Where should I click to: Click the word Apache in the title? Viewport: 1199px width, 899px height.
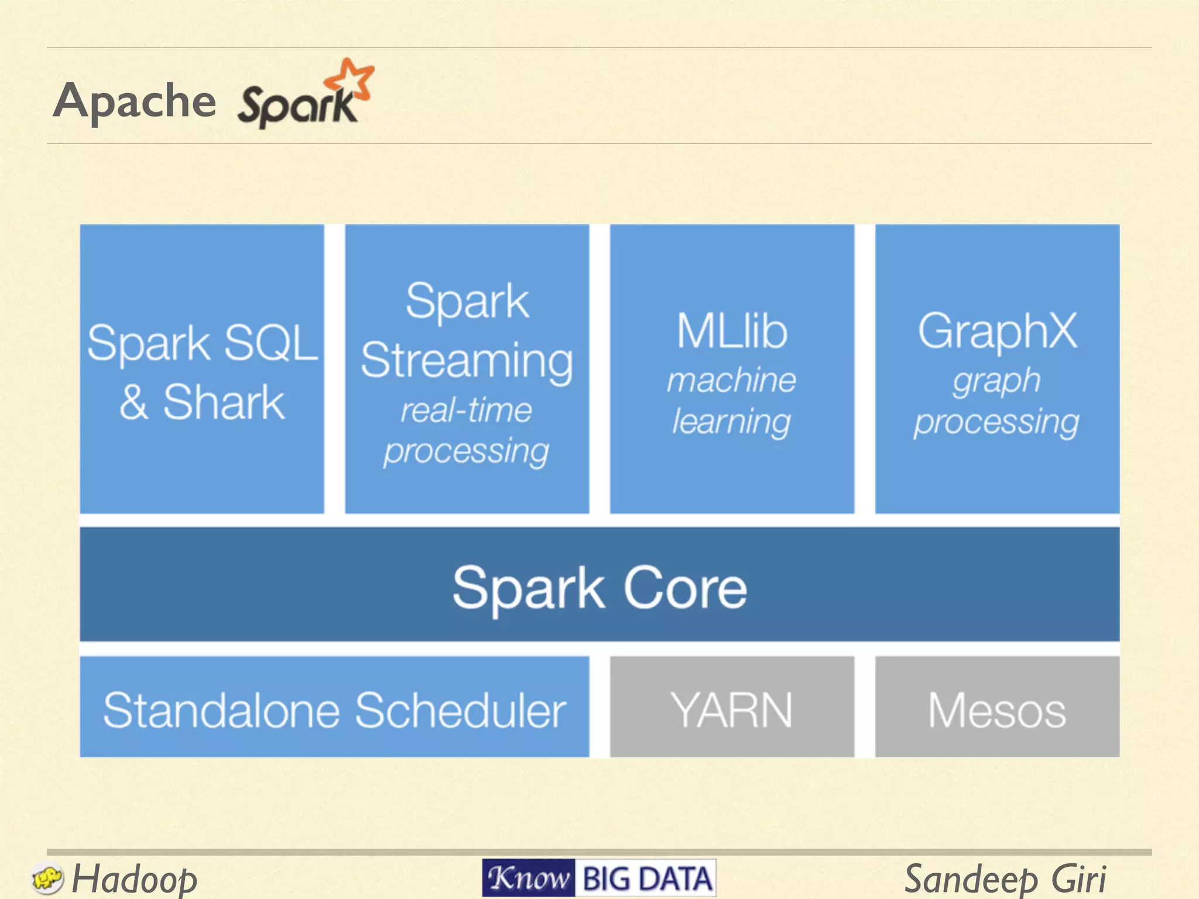pos(135,101)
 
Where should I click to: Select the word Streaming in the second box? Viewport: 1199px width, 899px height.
pos(467,361)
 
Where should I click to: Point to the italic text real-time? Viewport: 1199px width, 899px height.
pos(467,410)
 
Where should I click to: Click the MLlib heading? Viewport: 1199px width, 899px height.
pos(732,331)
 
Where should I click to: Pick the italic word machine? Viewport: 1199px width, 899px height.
pos(732,380)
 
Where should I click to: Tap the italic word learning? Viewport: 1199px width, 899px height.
pos(732,421)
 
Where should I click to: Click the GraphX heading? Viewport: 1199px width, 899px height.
pos(997,331)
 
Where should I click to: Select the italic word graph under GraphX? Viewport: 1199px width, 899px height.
pos(997,382)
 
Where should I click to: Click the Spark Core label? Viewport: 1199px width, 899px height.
pos(599,588)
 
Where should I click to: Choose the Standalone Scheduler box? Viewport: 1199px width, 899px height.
pos(334,709)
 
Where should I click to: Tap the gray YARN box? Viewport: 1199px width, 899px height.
pos(732,709)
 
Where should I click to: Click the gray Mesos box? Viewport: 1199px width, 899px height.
pos(997,709)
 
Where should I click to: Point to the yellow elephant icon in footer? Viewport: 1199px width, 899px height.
pos(47,879)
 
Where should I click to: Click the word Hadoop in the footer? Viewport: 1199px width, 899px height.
pos(135,879)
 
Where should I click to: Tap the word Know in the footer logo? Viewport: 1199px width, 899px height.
pos(529,878)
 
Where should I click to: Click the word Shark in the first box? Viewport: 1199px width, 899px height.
pos(224,403)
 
